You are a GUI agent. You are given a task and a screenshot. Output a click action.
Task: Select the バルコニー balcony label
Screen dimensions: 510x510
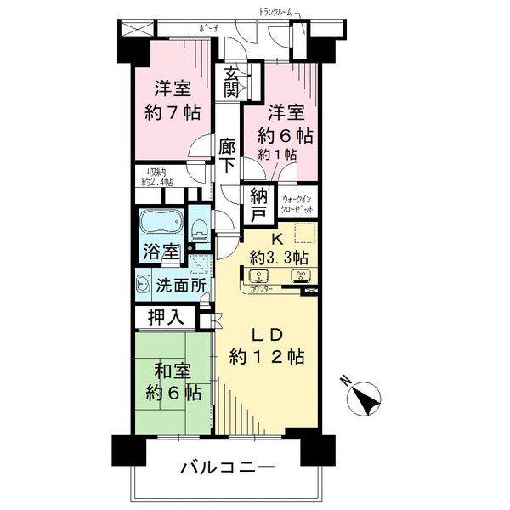coord(227,468)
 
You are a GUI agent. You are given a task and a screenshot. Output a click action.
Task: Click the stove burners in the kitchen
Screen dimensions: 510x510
coord(299,275)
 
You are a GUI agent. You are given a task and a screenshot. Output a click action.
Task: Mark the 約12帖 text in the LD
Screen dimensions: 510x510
coord(267,356)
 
